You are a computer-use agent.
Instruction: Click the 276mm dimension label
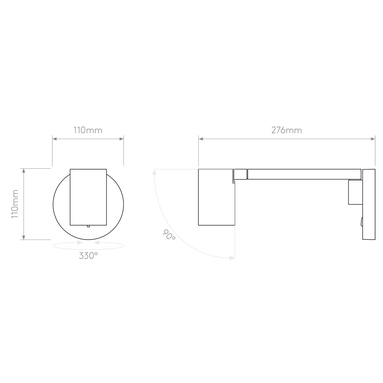pos(286,130)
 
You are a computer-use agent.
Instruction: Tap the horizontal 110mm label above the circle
pos(88,130)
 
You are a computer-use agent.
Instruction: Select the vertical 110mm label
pos(15,204)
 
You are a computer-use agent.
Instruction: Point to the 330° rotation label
pos(88,256)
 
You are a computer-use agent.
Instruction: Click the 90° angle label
pos(169,235)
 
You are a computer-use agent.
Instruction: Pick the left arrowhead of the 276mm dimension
pos(201,139)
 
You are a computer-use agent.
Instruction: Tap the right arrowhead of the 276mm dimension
pos(373,139)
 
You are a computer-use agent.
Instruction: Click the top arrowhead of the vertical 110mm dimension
pos(23,171)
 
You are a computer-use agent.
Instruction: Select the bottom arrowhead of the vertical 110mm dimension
pos(23,237)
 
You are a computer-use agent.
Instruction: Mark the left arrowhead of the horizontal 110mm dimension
pos(55,139)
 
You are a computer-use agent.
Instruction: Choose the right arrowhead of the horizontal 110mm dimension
pos(121,139)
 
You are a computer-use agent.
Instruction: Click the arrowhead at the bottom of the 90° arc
pos(232,258)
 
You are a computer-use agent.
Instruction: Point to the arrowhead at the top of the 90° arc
pos(154,172)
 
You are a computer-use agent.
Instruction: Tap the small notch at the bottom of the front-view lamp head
pos(88,226)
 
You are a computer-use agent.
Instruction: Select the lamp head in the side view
pos(216,197)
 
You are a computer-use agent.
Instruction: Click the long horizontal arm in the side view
pos(304,174)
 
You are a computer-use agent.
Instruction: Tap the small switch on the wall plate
pos(361,222)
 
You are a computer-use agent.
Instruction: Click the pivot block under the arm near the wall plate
pos(355,192)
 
